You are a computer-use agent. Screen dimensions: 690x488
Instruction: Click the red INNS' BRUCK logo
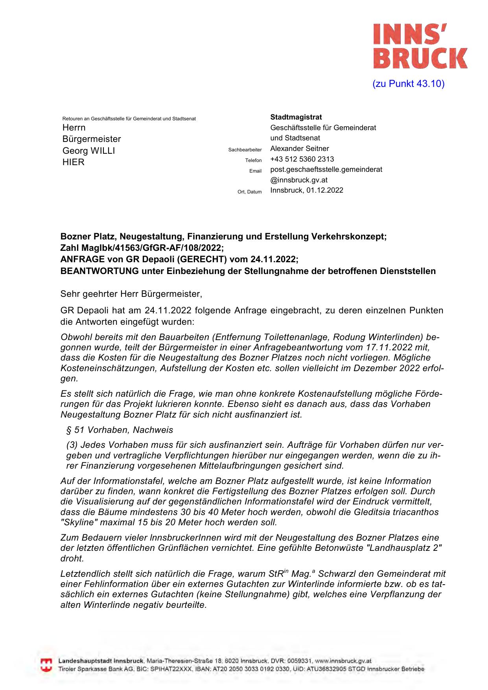pos(420,46)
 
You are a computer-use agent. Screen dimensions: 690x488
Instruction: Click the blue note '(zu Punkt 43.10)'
pos(408,84)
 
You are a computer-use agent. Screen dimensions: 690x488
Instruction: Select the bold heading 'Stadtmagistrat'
pos(296,117)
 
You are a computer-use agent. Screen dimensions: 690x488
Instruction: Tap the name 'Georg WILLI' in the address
pos(88,151)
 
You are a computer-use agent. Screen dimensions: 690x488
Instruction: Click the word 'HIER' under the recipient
pos(74,162)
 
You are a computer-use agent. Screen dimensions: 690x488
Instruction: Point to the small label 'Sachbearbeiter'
pos(245,150)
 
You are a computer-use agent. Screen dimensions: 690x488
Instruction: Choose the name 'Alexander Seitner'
pos(299,149)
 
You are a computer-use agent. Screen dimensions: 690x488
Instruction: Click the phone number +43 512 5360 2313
pos(302,159)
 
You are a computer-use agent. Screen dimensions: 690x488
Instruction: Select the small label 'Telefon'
pos(253,160)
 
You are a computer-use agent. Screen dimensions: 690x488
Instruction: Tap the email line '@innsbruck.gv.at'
pos(299,180)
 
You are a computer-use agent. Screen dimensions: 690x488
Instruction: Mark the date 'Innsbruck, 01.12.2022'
pos(306,190)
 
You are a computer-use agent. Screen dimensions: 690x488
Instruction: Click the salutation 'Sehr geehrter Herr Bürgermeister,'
pos(131,294)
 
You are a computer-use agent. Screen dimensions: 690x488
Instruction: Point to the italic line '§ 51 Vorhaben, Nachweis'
pos(120,430)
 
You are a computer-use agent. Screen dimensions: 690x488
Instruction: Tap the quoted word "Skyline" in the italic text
pos(78,523)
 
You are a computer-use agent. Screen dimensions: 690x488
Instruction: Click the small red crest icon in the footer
pos(46,664)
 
